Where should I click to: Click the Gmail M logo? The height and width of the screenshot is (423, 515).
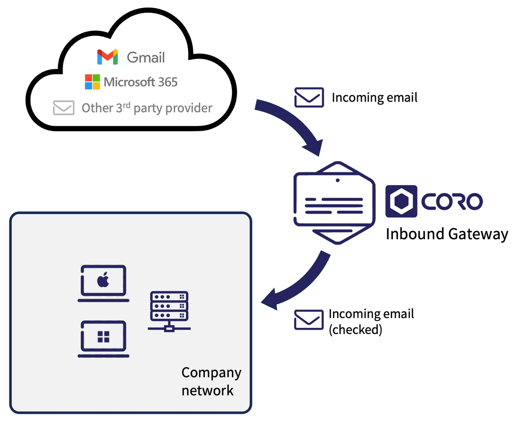pyautogui.click(x=108, y=57)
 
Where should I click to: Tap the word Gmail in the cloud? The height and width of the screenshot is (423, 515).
pyautogui.click(x=146, y=57)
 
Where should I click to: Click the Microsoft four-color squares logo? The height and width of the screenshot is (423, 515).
pyautogui.click(x=92, y=82)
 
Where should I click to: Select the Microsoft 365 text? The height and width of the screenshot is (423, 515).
pyautogui.click(x=141, y=82)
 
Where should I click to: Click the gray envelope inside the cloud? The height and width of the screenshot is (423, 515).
pyautogui.click(x=63, y=108)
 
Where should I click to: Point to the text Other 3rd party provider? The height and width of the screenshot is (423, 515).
pyautogui.click(x=147, y=108)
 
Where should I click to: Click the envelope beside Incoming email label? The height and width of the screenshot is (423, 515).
pyautogui.click(x=309, y=97)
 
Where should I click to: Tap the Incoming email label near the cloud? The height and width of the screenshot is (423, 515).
pyautogui.click(x=374, y=97)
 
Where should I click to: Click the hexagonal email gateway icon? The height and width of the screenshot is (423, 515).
pyautogui.click(x=334, y=203)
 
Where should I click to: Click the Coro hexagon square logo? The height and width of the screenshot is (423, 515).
pyautogui.click(x=401, y=201)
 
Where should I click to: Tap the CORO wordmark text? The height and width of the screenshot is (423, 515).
pyautogui.click(x=452, y=201)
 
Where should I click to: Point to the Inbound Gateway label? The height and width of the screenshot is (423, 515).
pyautogui.click(x=447, y=234)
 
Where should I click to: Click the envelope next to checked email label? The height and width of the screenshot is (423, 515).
pyautogui.click(x=309, y=320)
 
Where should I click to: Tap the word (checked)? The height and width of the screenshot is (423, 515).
pyautogui.click(x=355, y=330)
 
